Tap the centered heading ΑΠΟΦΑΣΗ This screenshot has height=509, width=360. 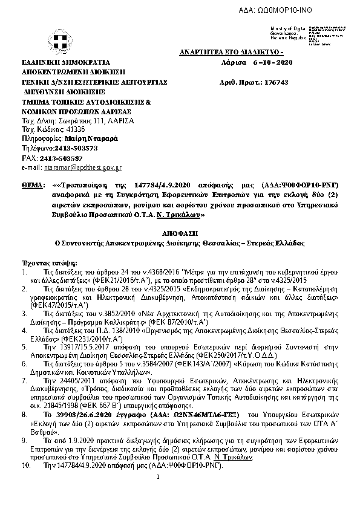(x=180, y=232)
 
